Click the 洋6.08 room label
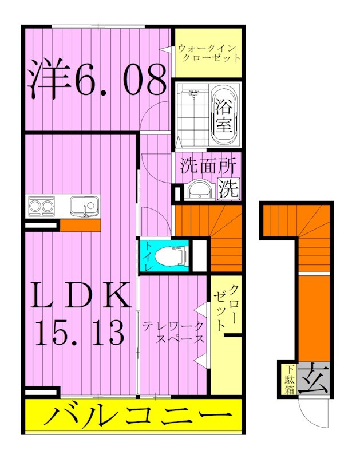tap(97, 81)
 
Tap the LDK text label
tap(78, 296)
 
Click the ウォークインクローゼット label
tap(208, 53)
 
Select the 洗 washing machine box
tap(229, 189)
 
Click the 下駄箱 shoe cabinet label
tap(287, 380)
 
